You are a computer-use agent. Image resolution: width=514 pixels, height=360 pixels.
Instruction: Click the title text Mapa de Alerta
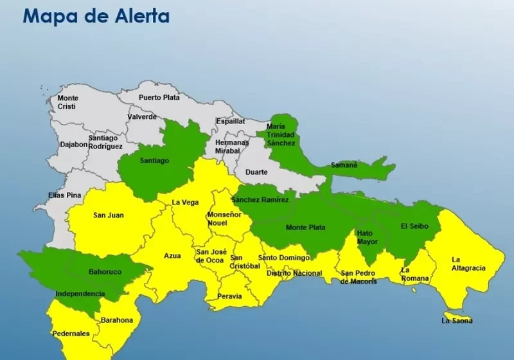point(96,16)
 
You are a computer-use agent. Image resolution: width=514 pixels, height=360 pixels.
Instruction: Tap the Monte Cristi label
point(67,102)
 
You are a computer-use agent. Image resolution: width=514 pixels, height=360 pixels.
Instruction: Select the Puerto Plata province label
point(159,98)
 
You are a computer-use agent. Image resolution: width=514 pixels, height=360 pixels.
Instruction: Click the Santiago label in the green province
point(154,161)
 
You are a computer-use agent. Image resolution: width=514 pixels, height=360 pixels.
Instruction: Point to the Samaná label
point(344,165)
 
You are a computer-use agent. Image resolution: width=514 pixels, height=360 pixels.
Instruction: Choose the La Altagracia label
point(468,264)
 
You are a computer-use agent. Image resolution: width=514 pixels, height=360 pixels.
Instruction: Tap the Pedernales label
point(71,334)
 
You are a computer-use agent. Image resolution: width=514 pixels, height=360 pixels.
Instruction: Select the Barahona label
point(116,320)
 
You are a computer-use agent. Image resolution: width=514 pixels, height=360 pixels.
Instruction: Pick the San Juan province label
point(109,215)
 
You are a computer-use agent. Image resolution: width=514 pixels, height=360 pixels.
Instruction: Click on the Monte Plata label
point(305,227)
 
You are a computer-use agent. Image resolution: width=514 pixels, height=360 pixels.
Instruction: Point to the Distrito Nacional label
point(294,273)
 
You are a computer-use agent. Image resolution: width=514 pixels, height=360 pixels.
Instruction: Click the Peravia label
point(229,296)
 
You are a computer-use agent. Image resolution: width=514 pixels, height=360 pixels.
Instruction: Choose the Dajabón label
point(73,145)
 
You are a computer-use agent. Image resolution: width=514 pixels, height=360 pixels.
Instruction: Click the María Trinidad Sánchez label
point(281,134)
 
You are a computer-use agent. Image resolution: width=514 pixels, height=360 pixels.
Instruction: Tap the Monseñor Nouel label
point(224,219)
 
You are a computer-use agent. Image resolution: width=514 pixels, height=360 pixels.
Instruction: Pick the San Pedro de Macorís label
point(359,277)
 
